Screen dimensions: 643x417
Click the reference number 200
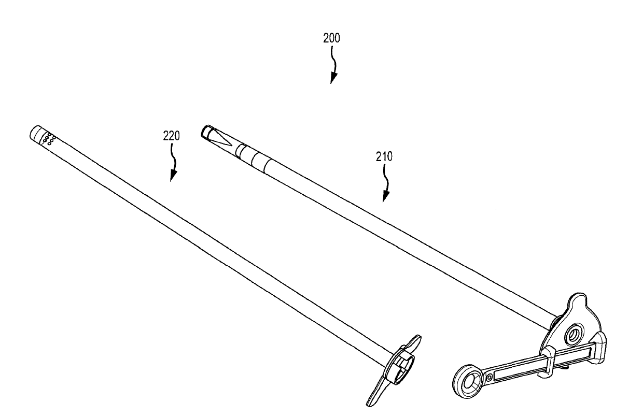click(x=331, y=38)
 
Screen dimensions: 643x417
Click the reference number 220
click(x=171, y=136)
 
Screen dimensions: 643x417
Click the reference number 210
click(x=384, y=156)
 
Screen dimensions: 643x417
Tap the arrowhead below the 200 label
click(x=333, y=78)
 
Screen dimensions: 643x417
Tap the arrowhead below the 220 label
click(x=173, y=176)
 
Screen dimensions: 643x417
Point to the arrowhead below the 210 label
click(x=385, y=197)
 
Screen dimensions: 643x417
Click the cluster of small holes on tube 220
click(x=49, y=138)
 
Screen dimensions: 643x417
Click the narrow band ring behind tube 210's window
click(x=239, y=151)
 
